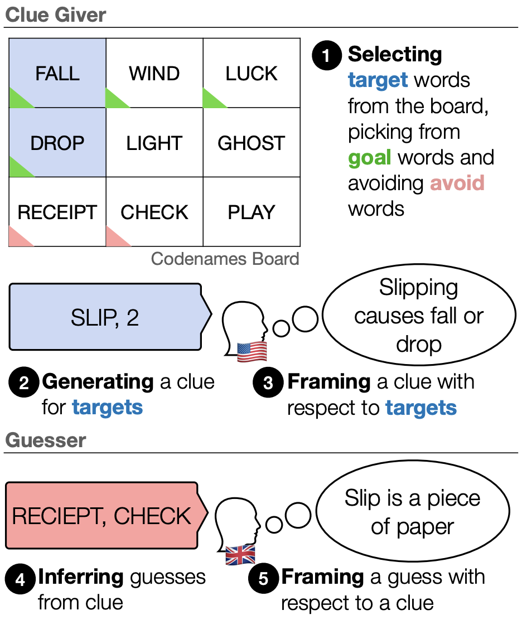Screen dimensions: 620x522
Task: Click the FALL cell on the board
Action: tap(57, 73)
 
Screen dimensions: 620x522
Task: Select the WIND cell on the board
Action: tap(154, 73)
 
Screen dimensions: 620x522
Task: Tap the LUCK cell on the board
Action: tap(252, 73)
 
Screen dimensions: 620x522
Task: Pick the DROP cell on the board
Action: tap(57, 143)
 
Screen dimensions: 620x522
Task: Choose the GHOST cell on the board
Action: tap(252, 143)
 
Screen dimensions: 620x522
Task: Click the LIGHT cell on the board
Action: tap(154, 143)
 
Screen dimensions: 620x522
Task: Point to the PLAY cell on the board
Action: tap(252, 212)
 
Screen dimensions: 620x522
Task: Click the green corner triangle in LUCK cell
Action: tap(211, 100)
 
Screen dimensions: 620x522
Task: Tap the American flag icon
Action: tap(252, 351)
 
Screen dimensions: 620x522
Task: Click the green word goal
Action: tap(370, 158)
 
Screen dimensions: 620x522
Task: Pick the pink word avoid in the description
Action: tap(457, 183)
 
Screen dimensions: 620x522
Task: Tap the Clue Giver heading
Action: tap(56, 14)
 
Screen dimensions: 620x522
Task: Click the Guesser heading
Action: tap(46, 440)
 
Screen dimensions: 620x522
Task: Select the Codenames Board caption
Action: tap(225, 259)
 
